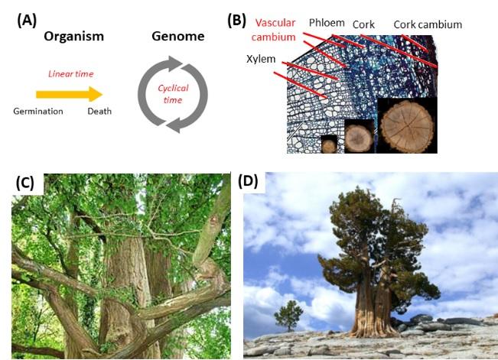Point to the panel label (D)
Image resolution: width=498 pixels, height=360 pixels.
tap(249, 182)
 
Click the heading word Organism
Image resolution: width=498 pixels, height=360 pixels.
tap(73, 36)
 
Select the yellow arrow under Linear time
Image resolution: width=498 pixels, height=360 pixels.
tap(68, 93)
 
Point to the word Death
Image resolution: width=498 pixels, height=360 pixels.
tap(99, 112)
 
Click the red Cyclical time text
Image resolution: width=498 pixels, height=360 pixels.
tap(173, 93)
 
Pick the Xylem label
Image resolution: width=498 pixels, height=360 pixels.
tap(261, 59)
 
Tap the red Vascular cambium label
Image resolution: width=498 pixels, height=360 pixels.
tap(275, 29)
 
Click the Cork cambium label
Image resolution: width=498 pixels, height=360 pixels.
tap(428, 24)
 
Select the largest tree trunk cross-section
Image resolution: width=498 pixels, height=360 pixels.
tap(408, 125)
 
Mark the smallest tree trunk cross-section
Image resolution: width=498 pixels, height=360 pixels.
tap(328, 144)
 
